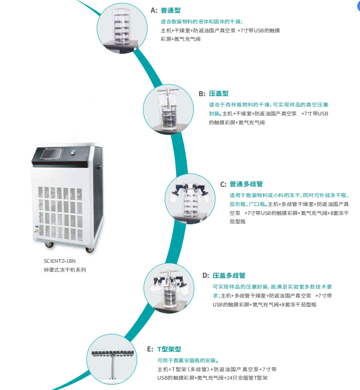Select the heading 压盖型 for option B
[x=219, y=94]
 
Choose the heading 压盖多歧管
[x=229, y=275]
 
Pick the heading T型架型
[x=169, y=349]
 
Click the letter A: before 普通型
[x=154, y=10]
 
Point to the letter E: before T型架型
[x=150, y=349]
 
